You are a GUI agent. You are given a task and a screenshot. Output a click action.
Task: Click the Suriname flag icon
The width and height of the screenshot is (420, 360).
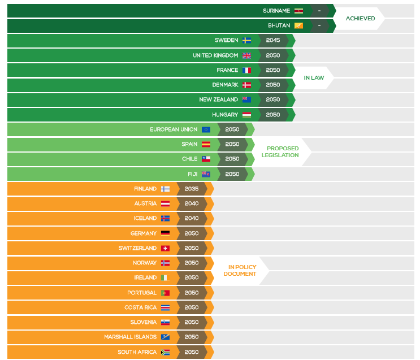[298, 11]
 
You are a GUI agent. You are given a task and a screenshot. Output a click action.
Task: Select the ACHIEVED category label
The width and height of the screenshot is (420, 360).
[360, 19]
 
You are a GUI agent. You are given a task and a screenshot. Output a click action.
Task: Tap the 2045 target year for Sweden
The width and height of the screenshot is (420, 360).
[273, 41]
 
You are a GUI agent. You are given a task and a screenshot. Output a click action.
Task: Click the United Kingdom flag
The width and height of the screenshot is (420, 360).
[246, 55]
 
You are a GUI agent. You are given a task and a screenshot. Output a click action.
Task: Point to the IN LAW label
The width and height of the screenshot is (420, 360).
[314, 77]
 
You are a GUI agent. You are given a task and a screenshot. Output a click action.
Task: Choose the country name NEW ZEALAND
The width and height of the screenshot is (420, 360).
[219, 99]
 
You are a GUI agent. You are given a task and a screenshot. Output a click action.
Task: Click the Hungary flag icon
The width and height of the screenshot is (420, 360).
[246, 115]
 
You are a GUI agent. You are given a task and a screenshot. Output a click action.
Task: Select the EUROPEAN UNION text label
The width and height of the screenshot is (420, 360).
[174, 129]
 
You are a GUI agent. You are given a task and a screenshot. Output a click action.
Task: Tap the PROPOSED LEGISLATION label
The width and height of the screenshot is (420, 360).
[280, 151]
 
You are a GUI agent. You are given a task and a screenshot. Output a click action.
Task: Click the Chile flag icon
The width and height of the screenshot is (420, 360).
[206, 159]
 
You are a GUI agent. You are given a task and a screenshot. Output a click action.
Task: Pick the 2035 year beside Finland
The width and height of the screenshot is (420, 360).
[192, 189]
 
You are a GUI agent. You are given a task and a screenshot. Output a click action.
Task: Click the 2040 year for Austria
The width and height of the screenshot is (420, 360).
[192, 203]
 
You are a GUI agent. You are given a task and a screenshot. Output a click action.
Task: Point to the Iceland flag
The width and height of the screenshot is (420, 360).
[165, 218]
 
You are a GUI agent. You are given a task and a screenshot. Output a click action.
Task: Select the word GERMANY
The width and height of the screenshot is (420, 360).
[144, 233]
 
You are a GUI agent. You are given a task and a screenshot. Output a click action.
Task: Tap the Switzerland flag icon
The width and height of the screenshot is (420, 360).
[165, 248]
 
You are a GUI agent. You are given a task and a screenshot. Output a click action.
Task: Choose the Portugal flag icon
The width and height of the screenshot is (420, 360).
[165, 293]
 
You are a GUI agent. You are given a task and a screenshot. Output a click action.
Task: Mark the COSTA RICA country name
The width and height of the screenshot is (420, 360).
[140, 307]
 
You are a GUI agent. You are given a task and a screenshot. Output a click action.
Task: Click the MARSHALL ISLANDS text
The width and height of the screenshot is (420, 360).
[130, 337]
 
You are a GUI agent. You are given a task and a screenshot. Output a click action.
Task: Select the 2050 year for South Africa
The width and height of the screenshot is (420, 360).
[192, 352]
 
